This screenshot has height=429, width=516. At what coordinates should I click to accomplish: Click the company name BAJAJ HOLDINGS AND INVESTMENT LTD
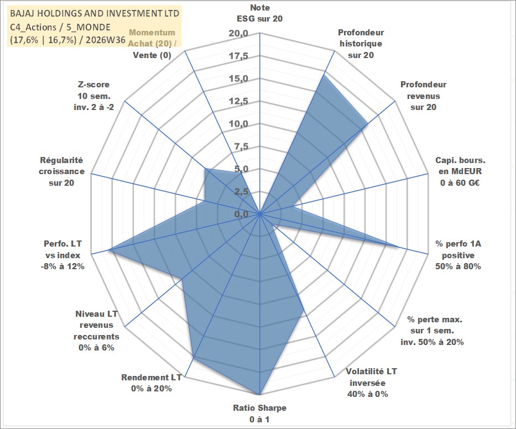[x=95, y=13]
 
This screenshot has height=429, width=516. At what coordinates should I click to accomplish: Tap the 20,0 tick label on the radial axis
[x=238, y=33]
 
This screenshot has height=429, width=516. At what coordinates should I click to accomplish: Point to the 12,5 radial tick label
[x=238, y=101]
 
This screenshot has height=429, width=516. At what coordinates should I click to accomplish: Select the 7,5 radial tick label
[x=241, y=147]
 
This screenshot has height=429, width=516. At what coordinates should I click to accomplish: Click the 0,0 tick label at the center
[x=241, y=214]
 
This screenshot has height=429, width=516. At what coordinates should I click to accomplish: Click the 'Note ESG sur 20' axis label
[x=259, y=13]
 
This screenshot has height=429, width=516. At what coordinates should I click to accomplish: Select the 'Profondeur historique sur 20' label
[x=361, y=44]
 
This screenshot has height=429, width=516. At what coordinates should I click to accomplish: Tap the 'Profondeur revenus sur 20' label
[x=423, y=96]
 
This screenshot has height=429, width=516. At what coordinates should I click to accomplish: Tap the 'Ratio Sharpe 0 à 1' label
[x=259, y=414]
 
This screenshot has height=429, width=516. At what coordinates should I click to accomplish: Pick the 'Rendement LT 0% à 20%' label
[x=152, y=383]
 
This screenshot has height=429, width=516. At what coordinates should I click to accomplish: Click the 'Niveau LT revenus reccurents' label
[x=96, y=331]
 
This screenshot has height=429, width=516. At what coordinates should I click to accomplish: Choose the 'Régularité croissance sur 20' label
[x=61, y=171]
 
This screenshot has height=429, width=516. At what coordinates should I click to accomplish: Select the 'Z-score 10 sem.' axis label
[x=94, y=96]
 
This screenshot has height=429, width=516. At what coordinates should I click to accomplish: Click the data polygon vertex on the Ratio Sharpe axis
[x=260, y=394]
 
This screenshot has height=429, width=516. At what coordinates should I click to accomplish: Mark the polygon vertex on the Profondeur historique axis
[x=324, y=75]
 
